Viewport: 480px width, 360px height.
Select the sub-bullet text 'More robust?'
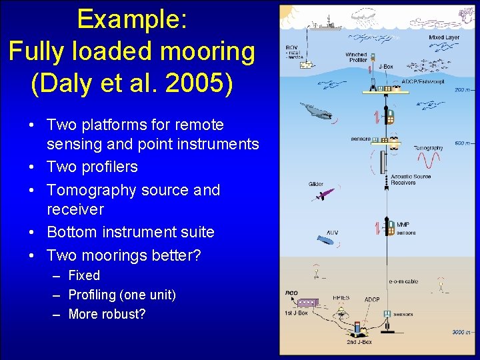pos(107,314)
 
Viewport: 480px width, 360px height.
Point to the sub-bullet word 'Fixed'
pos(84,275)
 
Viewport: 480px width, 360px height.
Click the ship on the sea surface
pos(325,26)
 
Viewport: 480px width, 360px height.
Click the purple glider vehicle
pos(322,195)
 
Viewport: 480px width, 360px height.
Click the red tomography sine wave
pos(428,161)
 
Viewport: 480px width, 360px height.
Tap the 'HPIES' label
pos(341,299)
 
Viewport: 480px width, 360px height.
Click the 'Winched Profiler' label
pos(356,58)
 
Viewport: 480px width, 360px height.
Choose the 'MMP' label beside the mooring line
pos(403,225)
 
